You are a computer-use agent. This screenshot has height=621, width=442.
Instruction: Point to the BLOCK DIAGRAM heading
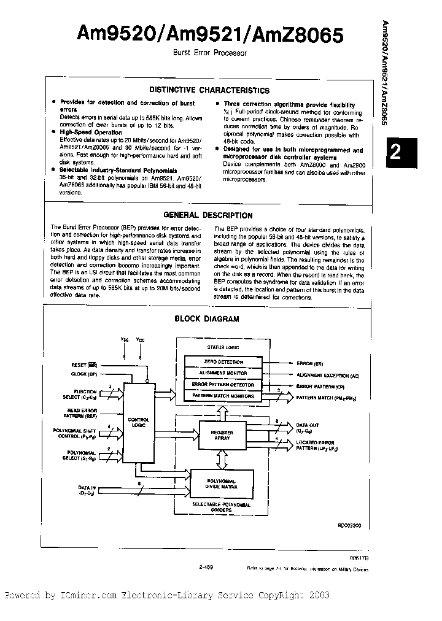(x=207, y=319)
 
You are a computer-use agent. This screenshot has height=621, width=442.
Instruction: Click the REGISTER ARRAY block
(x=222, y=436)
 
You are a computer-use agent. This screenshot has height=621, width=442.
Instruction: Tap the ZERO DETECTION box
(x=223, y=362)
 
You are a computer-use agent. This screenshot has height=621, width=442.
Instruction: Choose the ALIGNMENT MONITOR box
(x=223, y=373)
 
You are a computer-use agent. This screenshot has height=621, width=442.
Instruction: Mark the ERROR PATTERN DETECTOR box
(x=223, y=385)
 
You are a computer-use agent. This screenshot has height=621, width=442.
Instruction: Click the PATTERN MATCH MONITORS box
(x=223, y=396)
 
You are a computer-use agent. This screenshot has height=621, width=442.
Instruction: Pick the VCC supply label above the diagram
(x=141, y=339)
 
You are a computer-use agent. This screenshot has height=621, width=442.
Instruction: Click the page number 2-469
(x=207, y=568)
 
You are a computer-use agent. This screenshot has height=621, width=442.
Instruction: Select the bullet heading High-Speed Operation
(x=91, y=132)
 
